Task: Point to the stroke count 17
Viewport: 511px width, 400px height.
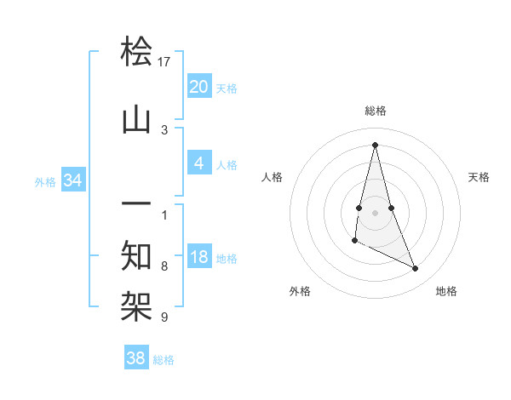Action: coord(164,62)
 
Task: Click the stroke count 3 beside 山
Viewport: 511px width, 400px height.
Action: coord(164,130)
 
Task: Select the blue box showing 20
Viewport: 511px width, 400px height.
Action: coord(198,87)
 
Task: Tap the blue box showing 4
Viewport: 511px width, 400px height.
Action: coord(198,164)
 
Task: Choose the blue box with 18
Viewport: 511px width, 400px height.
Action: coord(198,258)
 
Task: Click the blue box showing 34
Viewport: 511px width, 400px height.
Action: coord(73,180)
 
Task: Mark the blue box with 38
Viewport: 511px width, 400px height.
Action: coord(136,358)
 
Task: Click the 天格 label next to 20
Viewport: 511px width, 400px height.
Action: coord(227,88)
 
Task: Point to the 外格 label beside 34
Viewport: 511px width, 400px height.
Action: coord(45,181)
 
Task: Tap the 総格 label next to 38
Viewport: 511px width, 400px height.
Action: coord(164,359)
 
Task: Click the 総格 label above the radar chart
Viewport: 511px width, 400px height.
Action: coord(376,111)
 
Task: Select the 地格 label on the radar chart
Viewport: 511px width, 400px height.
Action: coord(446,292)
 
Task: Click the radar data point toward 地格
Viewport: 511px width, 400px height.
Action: coord(416,269)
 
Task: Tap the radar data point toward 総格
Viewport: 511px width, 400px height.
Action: coord(375,145)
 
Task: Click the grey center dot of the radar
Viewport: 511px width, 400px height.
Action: coord(375,212)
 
